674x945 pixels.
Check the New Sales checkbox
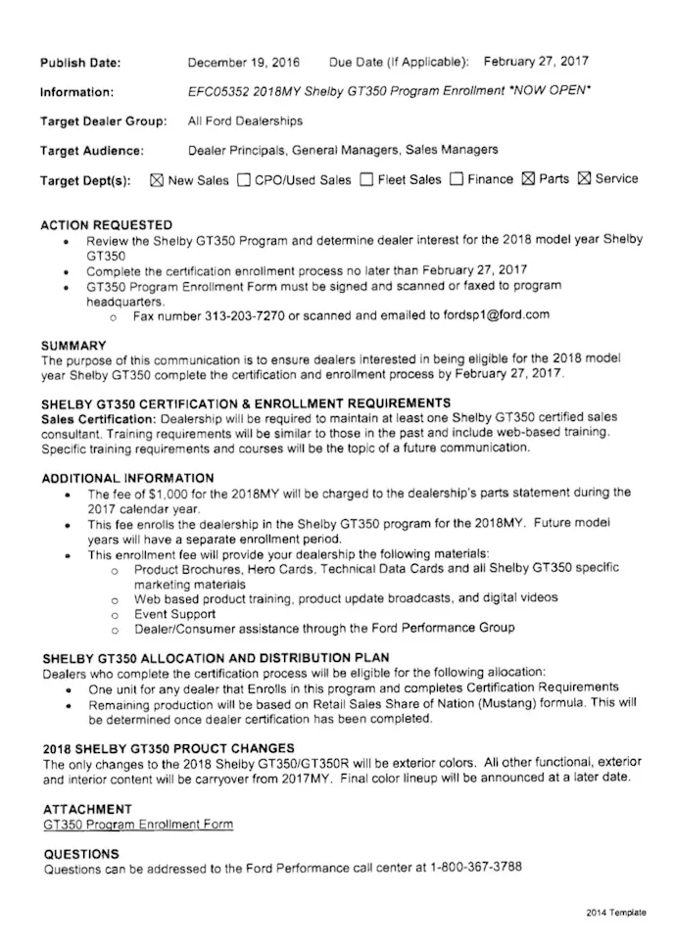coord(156,180)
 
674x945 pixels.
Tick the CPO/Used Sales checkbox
coord(243,180)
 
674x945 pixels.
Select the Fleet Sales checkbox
coord(366,180)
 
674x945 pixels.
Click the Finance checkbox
coord(457,180)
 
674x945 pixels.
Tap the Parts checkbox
coord(528,180)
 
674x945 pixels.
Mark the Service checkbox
coord(585,180)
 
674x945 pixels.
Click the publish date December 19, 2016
coord(244,62)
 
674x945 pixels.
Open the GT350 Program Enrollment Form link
coord(138,825)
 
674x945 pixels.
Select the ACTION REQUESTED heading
coord(107,224)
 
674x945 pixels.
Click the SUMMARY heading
coord(74,346)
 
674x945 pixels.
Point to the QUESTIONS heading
coord(81,853)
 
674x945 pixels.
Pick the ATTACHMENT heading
coord(87,810)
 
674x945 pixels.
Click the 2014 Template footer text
coord(616,913)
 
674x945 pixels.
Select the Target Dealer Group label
coord(103,121)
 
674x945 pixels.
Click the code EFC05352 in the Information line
coord(218,91)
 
